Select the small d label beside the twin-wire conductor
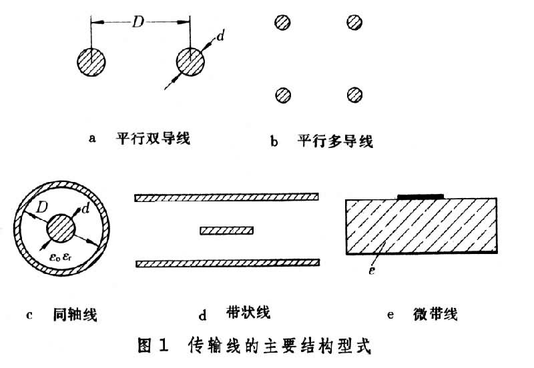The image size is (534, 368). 220,38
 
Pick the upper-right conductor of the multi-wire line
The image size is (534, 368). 354,23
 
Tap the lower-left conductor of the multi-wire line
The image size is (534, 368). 284,95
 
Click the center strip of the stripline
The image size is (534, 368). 226,230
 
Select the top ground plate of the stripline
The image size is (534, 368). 227,197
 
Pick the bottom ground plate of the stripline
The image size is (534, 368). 227,263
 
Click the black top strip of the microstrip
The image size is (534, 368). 421,196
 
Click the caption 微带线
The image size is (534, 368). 435,314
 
